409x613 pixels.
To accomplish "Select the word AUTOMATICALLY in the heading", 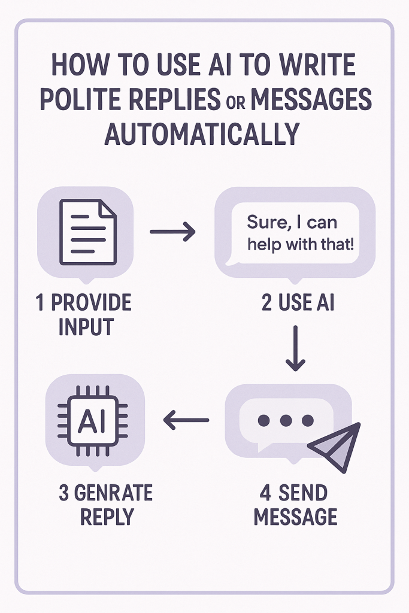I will (201, 135).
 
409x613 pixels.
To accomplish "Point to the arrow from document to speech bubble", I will (172, 231).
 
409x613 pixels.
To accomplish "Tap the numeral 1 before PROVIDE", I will (40, 303).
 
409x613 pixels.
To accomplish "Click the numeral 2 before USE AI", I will (266, 303).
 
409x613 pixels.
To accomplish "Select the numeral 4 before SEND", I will (266, 494).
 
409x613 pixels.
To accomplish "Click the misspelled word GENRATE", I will (114, 494).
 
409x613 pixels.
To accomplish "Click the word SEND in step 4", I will (304, 494).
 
